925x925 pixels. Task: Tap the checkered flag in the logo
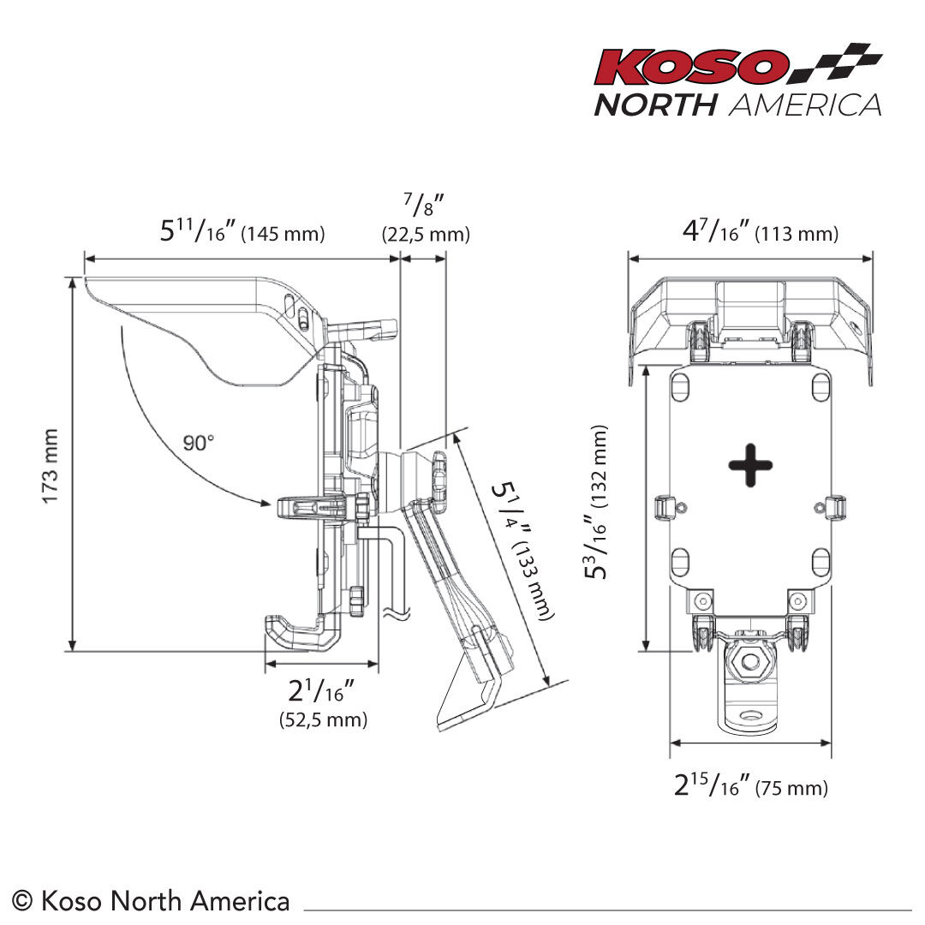(836, 62)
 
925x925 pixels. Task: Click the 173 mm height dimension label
(51, 466)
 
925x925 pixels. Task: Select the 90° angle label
(198, 443)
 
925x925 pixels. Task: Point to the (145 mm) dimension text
(283, 234)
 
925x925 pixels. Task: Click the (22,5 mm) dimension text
(426, 234)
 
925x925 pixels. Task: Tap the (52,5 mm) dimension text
(323, 719)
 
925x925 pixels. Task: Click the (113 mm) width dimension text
(797, 234)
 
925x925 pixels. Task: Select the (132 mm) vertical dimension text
(598, 466)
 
